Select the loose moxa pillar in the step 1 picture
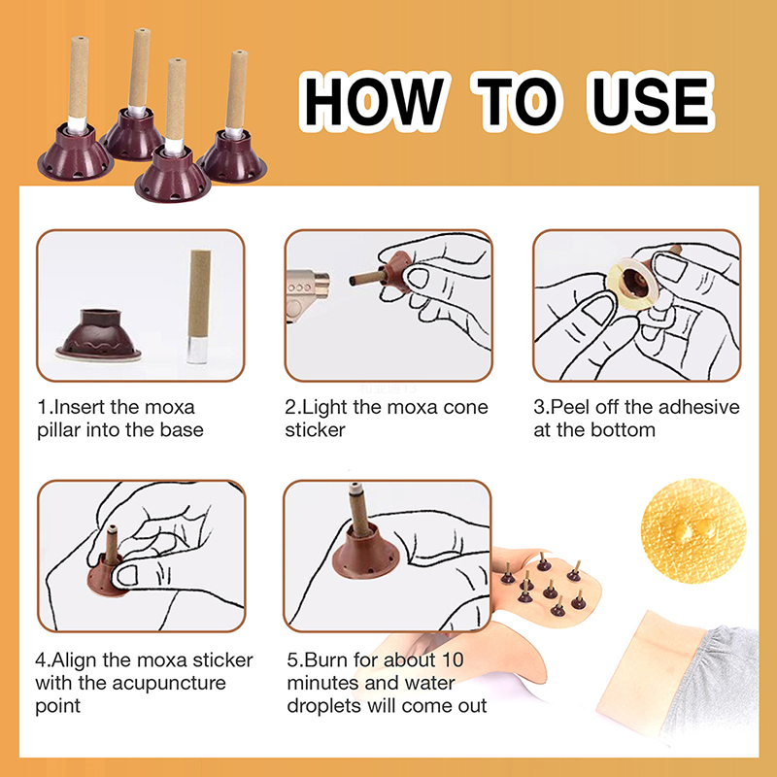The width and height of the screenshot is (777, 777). [199, 307]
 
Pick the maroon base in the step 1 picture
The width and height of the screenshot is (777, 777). [99, 335]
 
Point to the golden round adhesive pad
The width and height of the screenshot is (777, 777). [693, 530]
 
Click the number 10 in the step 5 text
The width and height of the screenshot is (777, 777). [453, 659]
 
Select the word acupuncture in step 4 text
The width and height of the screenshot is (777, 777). [169, 684]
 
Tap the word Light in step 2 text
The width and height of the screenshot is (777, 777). [324, 408]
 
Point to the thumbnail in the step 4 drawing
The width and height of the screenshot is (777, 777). [128, 575]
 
